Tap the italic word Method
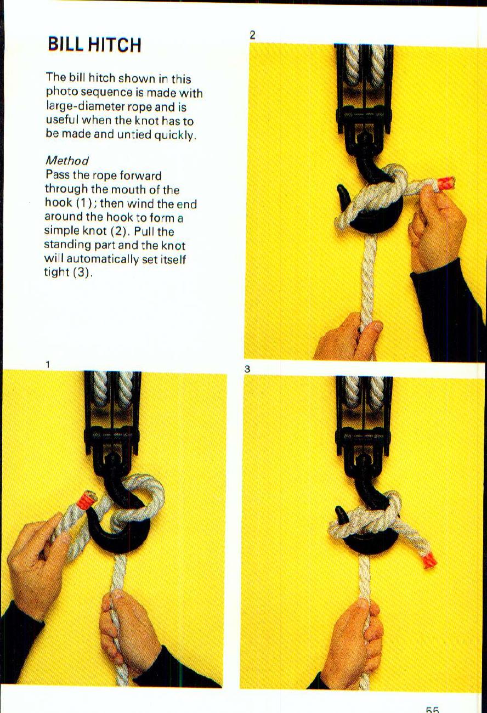[x=66, y=160]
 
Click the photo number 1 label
[x=48, y=364]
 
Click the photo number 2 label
[x=252, y=35]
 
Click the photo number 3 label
[x=247, y=369]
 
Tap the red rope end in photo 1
[x=86, y=500]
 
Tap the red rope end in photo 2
[x=445, y=183]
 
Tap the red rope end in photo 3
[x=429, y=561]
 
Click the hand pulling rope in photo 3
[x=352, y=642]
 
